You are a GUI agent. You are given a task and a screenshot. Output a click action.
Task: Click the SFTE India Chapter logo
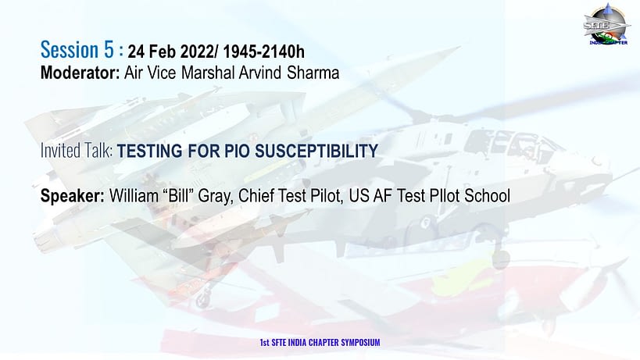tap(607, 24)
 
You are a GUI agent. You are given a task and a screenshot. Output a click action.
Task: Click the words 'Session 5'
tap(77, 50)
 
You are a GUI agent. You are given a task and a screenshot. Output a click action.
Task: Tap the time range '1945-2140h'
tap(263, 52)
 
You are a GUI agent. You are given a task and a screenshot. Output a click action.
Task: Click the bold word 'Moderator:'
tap(80, 73)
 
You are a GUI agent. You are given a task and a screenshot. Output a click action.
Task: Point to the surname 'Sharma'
tap(313, 73)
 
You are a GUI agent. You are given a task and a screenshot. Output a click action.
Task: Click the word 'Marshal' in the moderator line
tap(208, 73)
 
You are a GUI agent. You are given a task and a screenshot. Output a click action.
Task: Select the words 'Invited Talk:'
tap(77, 151)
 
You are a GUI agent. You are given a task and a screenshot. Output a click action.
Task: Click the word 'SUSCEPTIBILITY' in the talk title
tap(316, 151)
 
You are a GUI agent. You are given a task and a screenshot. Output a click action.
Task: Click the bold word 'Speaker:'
tap(73, 196)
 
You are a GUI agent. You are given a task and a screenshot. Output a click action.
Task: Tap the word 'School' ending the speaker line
tap(488, 196)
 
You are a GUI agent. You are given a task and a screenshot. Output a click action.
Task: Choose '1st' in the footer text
tap(264, 342)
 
